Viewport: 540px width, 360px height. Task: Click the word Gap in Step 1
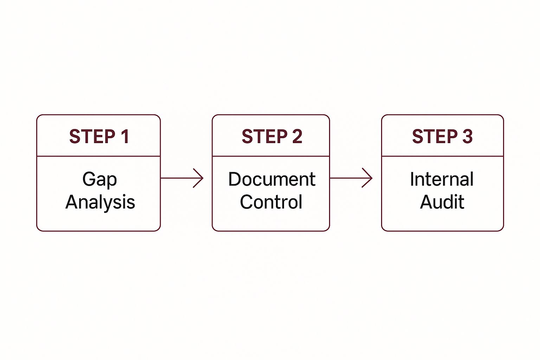[x=99, y=180]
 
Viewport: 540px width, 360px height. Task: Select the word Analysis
[x=100, y=202]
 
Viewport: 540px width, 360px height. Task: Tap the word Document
[x=272, y=179]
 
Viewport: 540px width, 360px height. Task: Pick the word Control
[x=271, y=202]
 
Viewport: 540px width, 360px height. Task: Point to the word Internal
[x=442, y=179]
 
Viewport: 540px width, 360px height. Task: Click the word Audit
[x=442, y=202]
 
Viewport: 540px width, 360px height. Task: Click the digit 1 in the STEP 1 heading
[x=126, y=136]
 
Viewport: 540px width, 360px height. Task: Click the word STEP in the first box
[x=92, y=136]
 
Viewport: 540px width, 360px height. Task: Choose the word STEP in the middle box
[x=265, y=136]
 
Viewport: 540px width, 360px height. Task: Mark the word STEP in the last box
[x=435, y=136]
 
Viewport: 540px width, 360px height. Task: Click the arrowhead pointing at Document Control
[x=199, y=178]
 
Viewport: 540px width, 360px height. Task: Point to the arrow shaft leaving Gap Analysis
[x=182, y=178]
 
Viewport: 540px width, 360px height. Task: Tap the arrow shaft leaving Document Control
[x=351, y=178]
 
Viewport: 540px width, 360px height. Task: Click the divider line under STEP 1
[x=98, y=156]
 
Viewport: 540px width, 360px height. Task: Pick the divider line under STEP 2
[x=271, y=156]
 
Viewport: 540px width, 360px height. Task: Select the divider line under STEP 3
[x=443, y=156]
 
